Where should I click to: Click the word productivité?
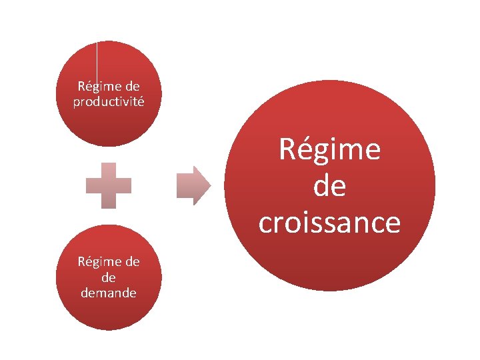[x=109, y=101]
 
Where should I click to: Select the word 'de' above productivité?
[x=132, y=87]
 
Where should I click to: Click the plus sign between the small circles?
[x=109, y=185]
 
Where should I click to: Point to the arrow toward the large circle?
[x=193, y=185]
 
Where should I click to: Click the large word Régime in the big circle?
[x=329, y=149]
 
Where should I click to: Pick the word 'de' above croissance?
[x=329, y=186]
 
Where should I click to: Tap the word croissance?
[x=329, y=223]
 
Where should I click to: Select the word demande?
[x=109, y=292]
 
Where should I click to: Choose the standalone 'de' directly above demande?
[x=109, y=277]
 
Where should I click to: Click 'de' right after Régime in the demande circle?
[x=132, y=262]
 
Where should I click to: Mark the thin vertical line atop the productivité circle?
[x=97, y=60]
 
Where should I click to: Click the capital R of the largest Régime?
[x=287, y=149]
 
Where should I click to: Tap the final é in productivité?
[x=141, y=101]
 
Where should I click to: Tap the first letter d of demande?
[x=85, y=292]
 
